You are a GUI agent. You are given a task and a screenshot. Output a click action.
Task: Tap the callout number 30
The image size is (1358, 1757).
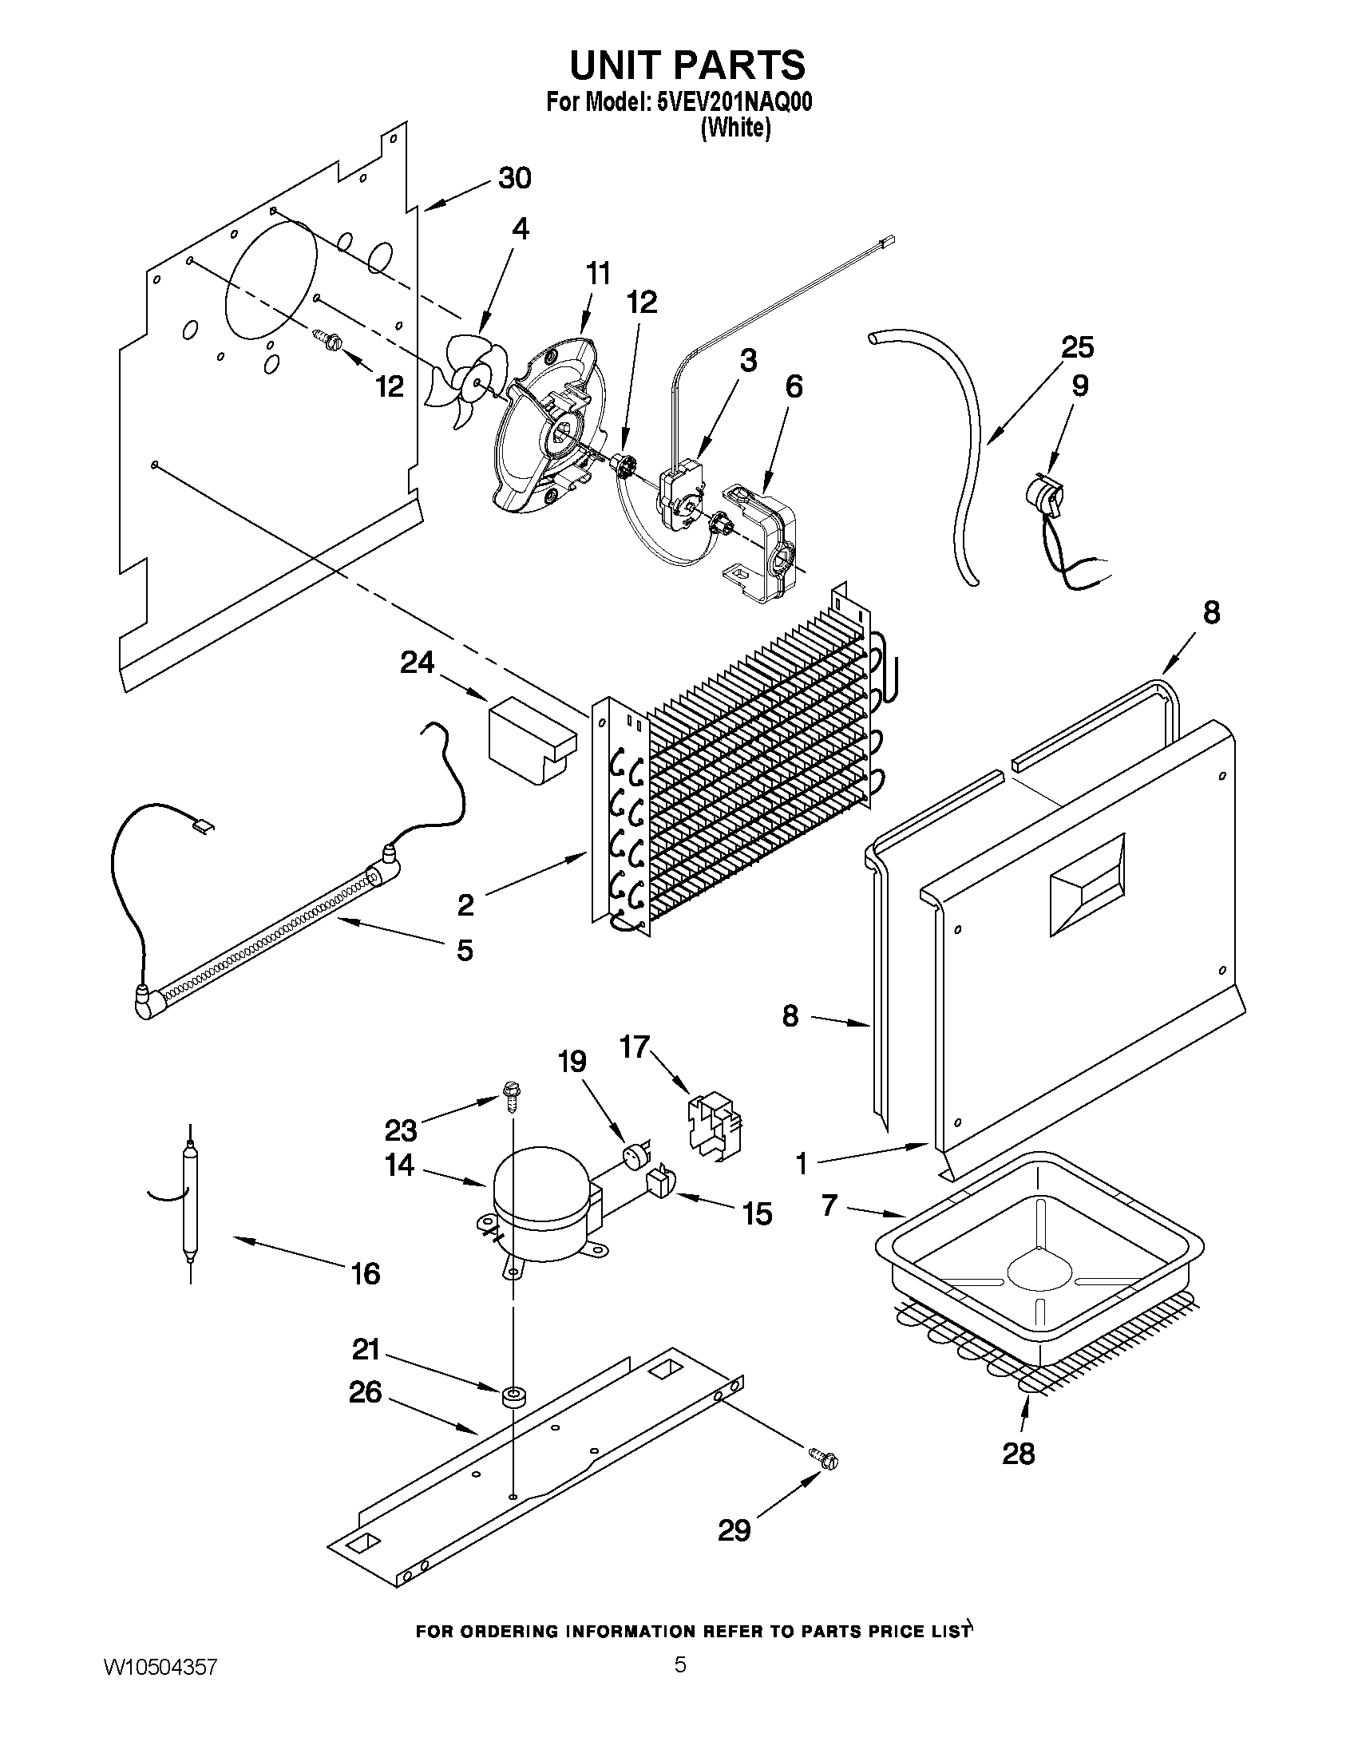tap(514, 178)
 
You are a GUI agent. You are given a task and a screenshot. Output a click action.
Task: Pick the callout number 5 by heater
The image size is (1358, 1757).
tap(464, 951)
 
